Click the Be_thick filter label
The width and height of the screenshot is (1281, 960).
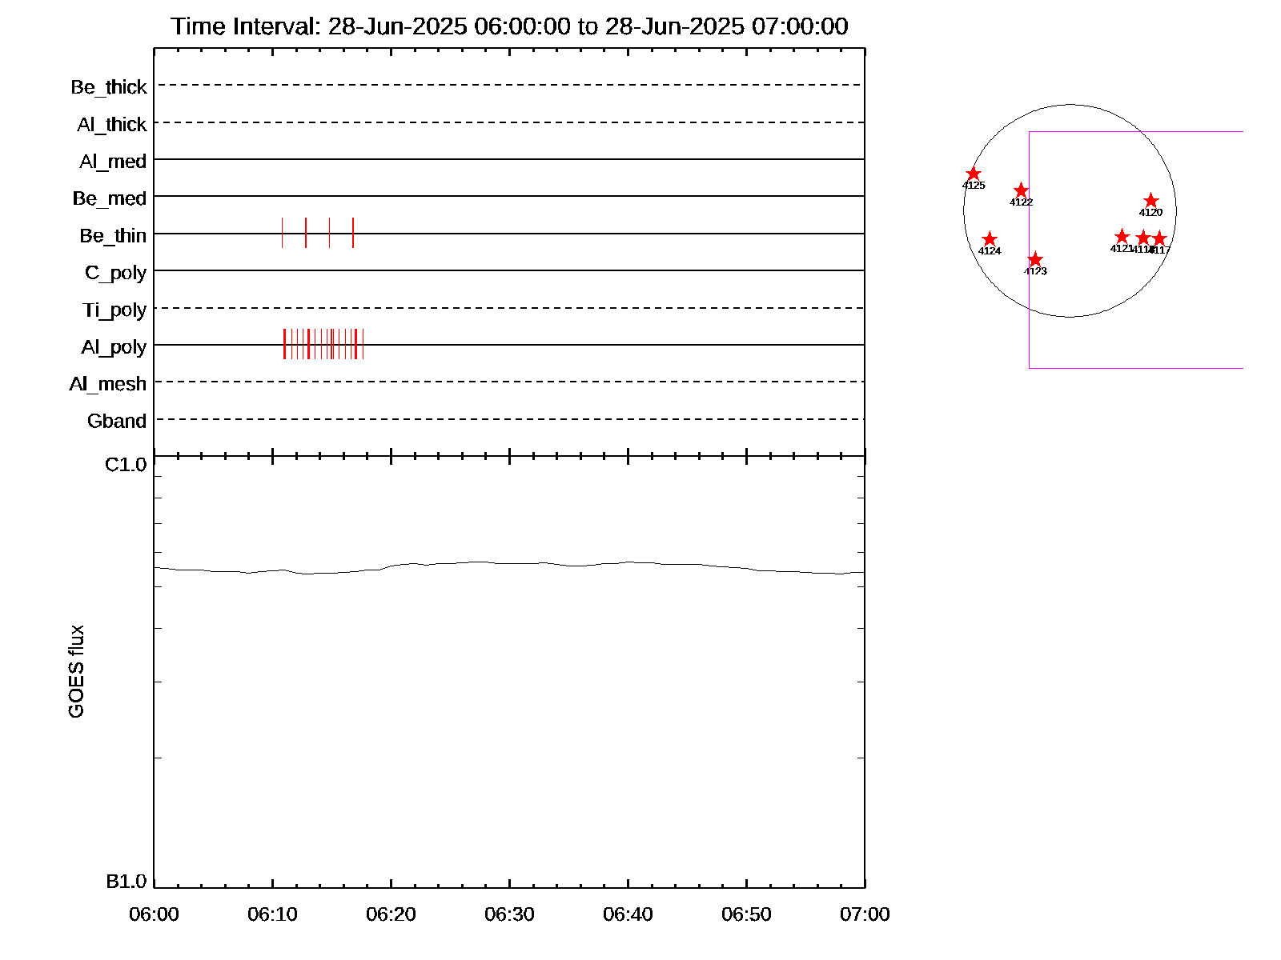pos(109,87)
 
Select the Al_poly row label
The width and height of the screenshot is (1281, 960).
pos(114,347)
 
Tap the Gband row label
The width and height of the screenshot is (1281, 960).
pos(117,422)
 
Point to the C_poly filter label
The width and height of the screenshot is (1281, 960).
pos(115,273)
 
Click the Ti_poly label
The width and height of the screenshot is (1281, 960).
pos(114,310)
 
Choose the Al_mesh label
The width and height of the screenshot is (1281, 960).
pos(108,385)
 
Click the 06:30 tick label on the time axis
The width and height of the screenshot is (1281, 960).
pos(509,914)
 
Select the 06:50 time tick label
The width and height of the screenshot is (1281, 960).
pos(746,914)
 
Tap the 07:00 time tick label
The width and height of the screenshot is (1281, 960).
pos(865,914)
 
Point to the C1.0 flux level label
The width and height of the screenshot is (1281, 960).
pos(126,465)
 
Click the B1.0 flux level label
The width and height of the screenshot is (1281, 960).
pos(126,882)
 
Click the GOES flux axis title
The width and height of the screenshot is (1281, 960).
pos(76,672)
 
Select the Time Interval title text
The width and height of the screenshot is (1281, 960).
pos(509,26)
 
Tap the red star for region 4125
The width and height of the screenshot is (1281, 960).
pos(974,174)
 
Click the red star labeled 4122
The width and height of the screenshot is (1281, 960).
pos(1021,190)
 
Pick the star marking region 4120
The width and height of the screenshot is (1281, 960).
pos(1150,201)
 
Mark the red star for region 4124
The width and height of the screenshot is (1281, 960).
pos(990,239)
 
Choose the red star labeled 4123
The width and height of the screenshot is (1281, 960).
pos(1035,259)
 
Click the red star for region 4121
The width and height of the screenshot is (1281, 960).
pos(1122,237)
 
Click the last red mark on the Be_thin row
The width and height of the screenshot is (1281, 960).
pos(353,233)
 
